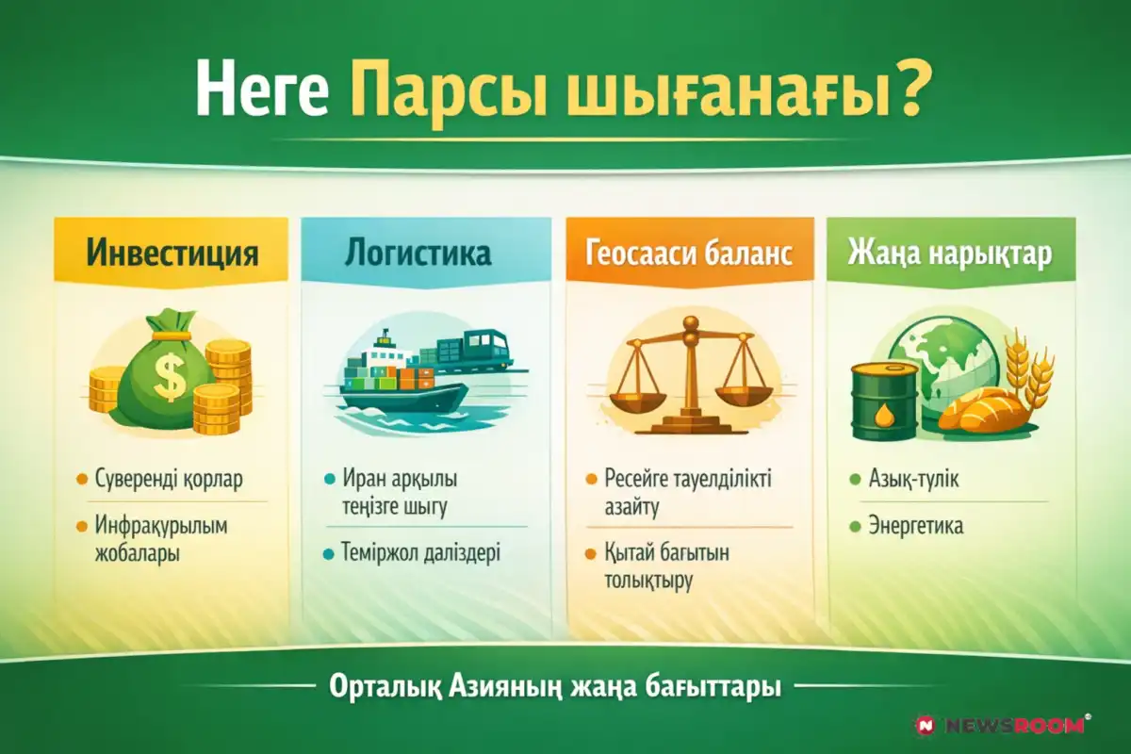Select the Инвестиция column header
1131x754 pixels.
point(172,253)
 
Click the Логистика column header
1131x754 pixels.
point(418,253)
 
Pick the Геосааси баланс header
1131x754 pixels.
point(689,253)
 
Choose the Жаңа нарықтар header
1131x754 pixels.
point(950,254)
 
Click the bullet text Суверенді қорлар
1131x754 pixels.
point(169,479)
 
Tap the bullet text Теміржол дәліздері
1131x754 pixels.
point(420,552)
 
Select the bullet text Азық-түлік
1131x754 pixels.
point(913,479)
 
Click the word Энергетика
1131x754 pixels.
point(915,526)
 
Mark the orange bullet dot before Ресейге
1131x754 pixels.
point(591,480)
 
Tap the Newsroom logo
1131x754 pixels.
point(1001,726)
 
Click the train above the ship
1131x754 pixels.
point(467,351)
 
